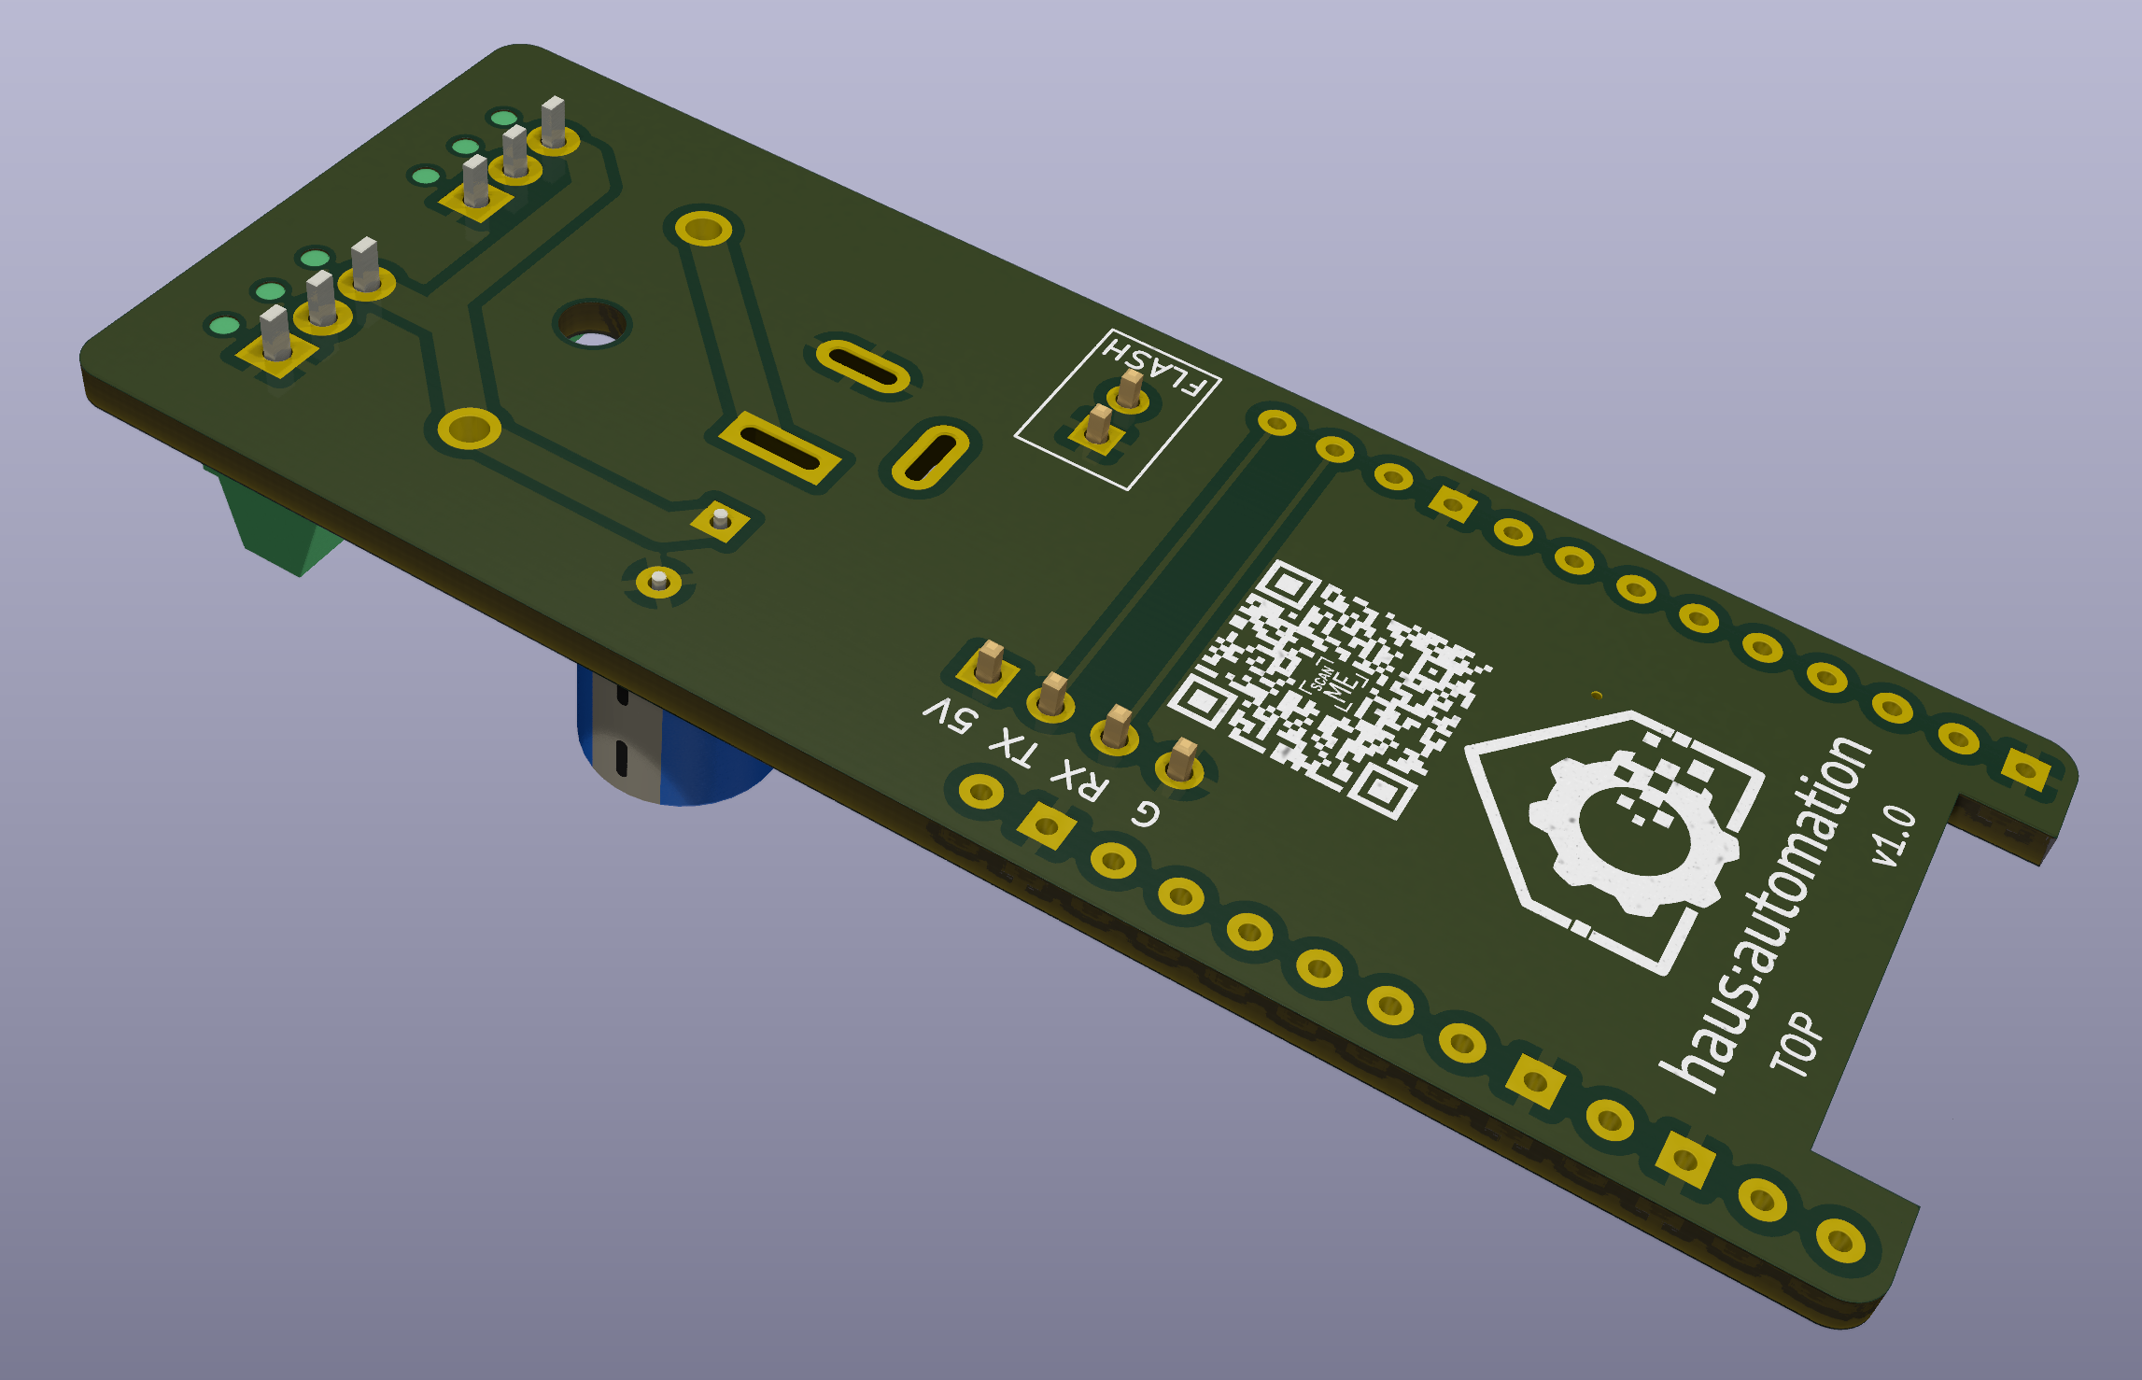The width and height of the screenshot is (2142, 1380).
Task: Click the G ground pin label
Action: pos(1146,813)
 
